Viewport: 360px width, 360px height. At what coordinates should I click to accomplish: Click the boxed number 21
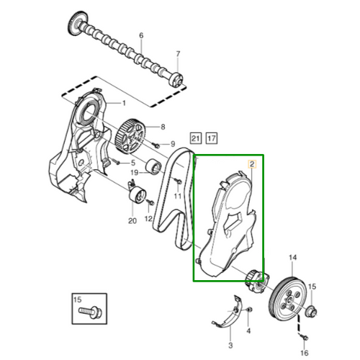click(196, 138)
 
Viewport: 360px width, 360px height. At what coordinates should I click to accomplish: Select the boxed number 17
click(212, 138)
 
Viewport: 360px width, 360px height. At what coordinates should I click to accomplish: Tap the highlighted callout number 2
click(252, 164)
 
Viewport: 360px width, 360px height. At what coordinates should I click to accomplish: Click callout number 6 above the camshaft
click(141, 35)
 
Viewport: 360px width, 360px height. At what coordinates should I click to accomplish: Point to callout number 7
click(178, 54)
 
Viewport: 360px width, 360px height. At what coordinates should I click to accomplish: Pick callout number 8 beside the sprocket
click(163, 127)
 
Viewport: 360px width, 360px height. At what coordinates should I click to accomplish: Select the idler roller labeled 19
click(153, 166)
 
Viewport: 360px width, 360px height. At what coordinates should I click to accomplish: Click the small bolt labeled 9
click(156, 145)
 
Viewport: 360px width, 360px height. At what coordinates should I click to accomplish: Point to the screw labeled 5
click(117, 162)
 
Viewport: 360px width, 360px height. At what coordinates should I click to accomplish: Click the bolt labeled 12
click(150, 202)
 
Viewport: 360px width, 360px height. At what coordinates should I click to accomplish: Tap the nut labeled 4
click(249, 310)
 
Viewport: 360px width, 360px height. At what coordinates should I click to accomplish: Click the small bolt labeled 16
click(305, 338)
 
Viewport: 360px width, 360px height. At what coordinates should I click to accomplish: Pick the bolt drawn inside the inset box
click(91, 312)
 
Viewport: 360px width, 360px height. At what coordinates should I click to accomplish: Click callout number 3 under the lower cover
click(230, 346)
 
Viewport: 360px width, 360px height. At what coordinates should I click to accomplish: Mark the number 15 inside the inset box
click(77, 300)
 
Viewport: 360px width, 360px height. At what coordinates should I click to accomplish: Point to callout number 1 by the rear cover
click(124, 103)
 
